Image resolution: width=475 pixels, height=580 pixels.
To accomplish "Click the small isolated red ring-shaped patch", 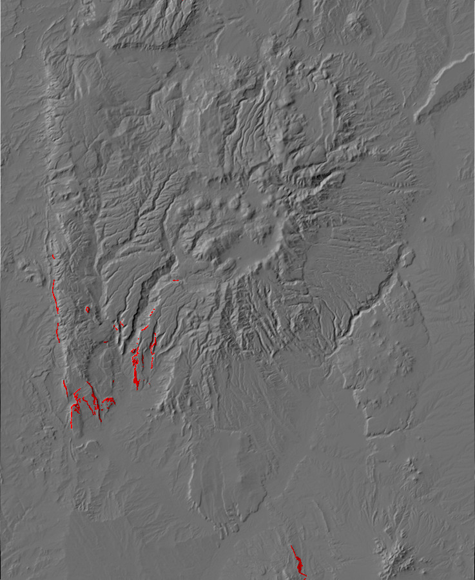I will pos(88,309).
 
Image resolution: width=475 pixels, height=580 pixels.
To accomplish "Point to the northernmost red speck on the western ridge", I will pos(53,257).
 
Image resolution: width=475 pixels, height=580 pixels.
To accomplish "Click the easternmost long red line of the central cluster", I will pos(153,345).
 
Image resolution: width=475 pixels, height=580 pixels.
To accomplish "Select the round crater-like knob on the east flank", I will pos(406,258).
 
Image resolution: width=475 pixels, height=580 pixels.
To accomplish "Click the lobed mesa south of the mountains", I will pos(232,477).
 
